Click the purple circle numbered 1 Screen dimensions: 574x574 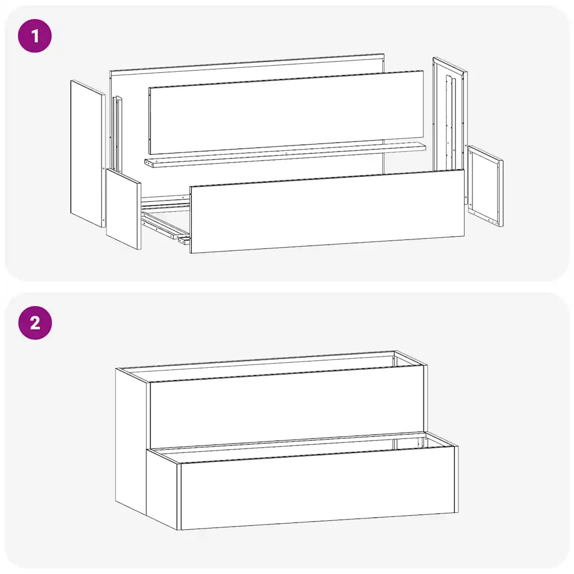pyautogui.click(x=35, y=36)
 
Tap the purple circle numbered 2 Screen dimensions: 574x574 pyautogui.click(x=35, y=323)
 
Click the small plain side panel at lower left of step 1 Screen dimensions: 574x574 pyautogui.click(x=123, y=209)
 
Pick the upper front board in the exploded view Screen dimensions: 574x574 pyautogui.click(x=286, y=112)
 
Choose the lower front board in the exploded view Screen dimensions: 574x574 pyautogui.click(x=327, y=211)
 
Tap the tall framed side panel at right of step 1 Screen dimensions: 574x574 pyautogui.click(x=450, y=128)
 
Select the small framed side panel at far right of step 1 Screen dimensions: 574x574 pyautogui.click(x=485, y=186)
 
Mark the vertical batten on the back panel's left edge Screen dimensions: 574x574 pyautogui.click(x=118, y=134)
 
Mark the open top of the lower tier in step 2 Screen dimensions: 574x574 pyautogui.click(x=304, y=448)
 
